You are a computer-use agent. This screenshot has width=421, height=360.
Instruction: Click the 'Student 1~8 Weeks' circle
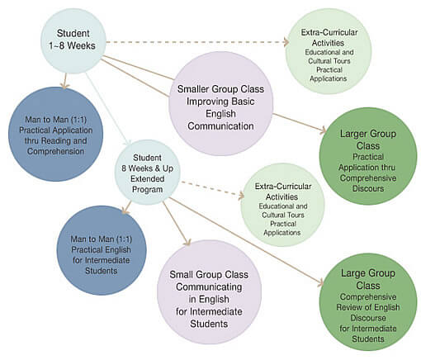pyautogui.click(x=73, y=41)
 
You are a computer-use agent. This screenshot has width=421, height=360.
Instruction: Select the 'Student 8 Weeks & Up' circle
pyautogui.click(x=147, y=173)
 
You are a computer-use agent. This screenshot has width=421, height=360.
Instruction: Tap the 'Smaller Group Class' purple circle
pyautogui.click(x=220, y=103)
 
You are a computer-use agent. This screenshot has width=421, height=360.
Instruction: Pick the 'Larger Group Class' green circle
pyautogui.click(x=368, y=156)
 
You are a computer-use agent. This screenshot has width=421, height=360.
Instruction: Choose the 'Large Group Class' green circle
pyautogui.click(x=368, y=302)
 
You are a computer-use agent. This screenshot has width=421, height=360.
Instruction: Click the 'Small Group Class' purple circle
pyautogui.click(x=209, y=292)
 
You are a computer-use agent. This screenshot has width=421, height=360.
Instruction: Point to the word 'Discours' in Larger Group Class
pyautogui.click(x=368, y=189)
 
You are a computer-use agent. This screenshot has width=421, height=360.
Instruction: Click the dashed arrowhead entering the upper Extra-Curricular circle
pyautogui.click(x=286, y=42)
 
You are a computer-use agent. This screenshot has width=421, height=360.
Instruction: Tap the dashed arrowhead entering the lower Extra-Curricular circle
pyautogui.click(x=241, y=196)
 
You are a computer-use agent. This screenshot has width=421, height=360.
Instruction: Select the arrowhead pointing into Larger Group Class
pyautogui.click(x=323, y=130)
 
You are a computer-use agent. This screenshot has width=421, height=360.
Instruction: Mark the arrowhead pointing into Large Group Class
pyautogui.click(x=321, y=283)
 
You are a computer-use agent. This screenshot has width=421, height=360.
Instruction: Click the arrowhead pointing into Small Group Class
pyautogui.click(x=187, y=243)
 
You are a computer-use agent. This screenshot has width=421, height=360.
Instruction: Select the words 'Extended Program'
pyautogui.click(x=147, y=184)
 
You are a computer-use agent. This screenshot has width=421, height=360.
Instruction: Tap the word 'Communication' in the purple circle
pyautogui.click(x=220, y=126)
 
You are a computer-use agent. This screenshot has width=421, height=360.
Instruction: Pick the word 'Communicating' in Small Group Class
pyautogui.click(x=209, y=287)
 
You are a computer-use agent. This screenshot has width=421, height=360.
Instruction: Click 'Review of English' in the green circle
pyautogui.click(x=368, y=307)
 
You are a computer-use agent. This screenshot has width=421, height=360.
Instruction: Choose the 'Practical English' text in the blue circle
pyautogui.click(x=101, y=249)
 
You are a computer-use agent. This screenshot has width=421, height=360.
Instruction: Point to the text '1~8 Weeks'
pyautogui.click(x=73, y=45)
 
